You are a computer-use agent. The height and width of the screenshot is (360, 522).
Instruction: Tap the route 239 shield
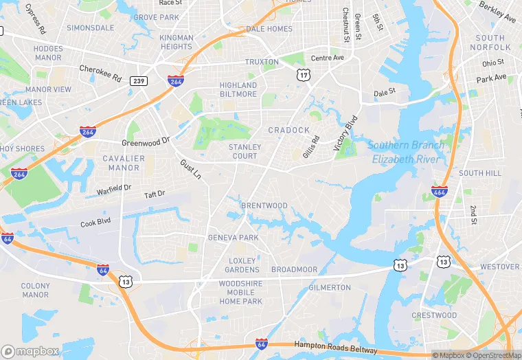point(138,80)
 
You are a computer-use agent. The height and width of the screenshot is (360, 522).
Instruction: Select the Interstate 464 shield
point(441,191)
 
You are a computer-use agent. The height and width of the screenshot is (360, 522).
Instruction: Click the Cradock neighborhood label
point(289,130)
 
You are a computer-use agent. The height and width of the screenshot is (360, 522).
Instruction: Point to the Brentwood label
point(264,205)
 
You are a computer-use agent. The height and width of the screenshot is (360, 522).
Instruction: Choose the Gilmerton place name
point(330,287)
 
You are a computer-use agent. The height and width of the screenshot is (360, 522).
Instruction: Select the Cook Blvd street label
point(95,223)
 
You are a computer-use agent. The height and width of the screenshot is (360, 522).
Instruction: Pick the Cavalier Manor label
point(124,163)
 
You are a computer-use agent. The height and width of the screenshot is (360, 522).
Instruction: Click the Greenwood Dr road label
point(146,142)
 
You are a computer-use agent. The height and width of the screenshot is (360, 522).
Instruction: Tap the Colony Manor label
point(36,290)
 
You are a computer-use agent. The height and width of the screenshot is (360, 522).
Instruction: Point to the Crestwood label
point(434,315)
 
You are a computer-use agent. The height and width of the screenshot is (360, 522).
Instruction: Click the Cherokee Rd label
point(100,69)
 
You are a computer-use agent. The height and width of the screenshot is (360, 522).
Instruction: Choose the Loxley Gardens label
point(243,265)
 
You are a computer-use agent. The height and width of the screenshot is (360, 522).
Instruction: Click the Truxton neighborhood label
point(262,62)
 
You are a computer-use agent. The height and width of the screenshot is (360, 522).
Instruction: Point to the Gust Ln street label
point(190,170)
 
